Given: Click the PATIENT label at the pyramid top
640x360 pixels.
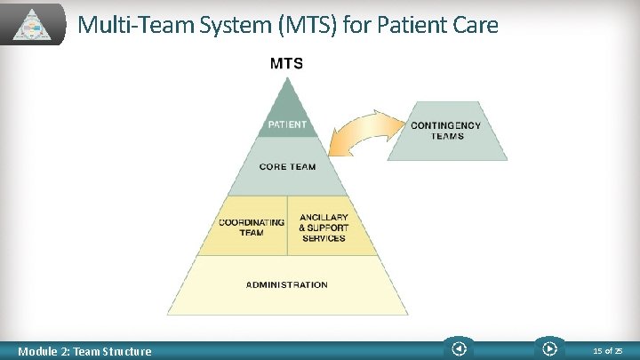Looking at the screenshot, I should click(x=286, y=124).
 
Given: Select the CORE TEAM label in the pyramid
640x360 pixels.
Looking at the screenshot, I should click(x=286, y=166).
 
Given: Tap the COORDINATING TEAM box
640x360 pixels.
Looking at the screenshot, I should click(x=252, y=227).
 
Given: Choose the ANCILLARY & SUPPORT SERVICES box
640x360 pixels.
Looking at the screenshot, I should click(x=324, y=227).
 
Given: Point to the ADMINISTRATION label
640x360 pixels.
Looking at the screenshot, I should click(x=286, y=285).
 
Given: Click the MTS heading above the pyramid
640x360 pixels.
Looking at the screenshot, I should click(x=286, y=63).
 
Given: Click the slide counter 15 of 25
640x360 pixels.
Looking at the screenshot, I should click(x=608, y=351).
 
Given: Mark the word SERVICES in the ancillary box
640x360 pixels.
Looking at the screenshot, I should click(x=324, y=238).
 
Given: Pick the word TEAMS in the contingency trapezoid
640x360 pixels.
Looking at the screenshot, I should click(x=446, y=136).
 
